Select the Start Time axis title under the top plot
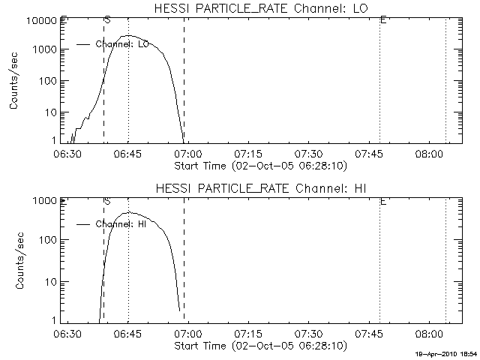259,165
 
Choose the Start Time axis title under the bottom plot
259,346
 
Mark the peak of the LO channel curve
129,35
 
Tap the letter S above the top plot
107,19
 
